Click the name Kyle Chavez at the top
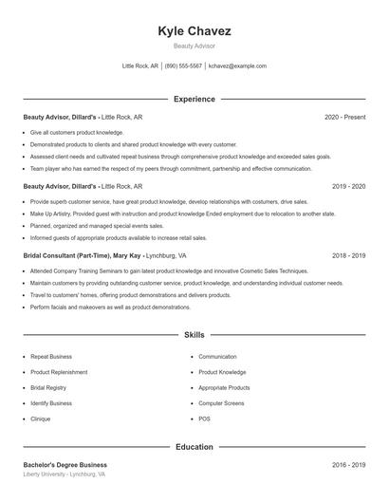point(194,31)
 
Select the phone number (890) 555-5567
point(183,66)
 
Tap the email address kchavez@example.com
point(237,66)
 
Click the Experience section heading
point(194,99)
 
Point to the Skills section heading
point(194,335)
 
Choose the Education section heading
point(194,446)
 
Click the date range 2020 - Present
point(344,117)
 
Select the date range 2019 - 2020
point(348,187)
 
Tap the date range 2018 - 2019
point(348,256)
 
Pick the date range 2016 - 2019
point(348,465)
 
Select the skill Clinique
point(40,419)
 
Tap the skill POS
point(204,419)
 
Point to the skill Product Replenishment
point(59,372)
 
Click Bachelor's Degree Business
point(65,465)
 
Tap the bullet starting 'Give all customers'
point(77,132)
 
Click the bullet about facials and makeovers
point(110,307)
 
